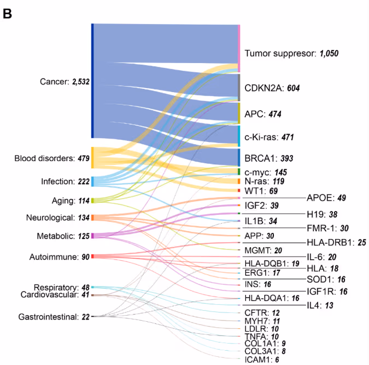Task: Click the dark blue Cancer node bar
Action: pos(92,81)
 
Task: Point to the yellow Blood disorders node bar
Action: pos(92,157)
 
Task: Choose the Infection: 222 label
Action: pos(65,181)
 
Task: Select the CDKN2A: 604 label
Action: pos(272,88)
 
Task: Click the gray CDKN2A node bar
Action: pos(239,87)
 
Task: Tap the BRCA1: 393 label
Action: pos(269,158)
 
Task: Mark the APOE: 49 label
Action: pos(326,197)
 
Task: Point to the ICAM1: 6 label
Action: pos(263,360)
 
